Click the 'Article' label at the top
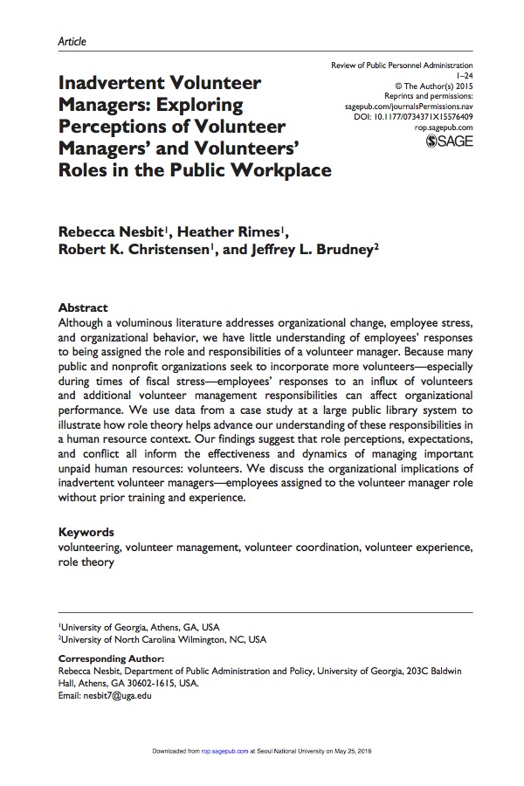(72, 41)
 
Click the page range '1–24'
(462, 76)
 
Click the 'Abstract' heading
(82, 307)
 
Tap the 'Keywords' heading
(86, 532)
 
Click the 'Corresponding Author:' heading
(110, 658)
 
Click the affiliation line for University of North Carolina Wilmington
(162, 639)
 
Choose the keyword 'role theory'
(86, 562)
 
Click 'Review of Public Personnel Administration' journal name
(402, 65)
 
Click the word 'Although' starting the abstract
(82, 323)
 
